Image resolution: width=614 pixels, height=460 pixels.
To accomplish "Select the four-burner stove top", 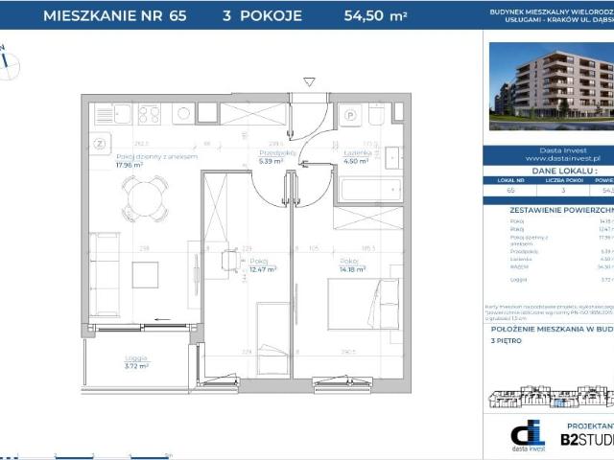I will click(150, 114).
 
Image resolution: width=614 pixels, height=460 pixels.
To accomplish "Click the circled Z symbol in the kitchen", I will click(99, 144).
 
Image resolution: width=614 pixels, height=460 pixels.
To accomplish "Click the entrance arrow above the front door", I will click(308, 83).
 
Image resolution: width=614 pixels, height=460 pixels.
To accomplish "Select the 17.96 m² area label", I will click(129, 165).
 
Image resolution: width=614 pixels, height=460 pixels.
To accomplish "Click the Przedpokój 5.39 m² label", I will click(271, 157).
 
